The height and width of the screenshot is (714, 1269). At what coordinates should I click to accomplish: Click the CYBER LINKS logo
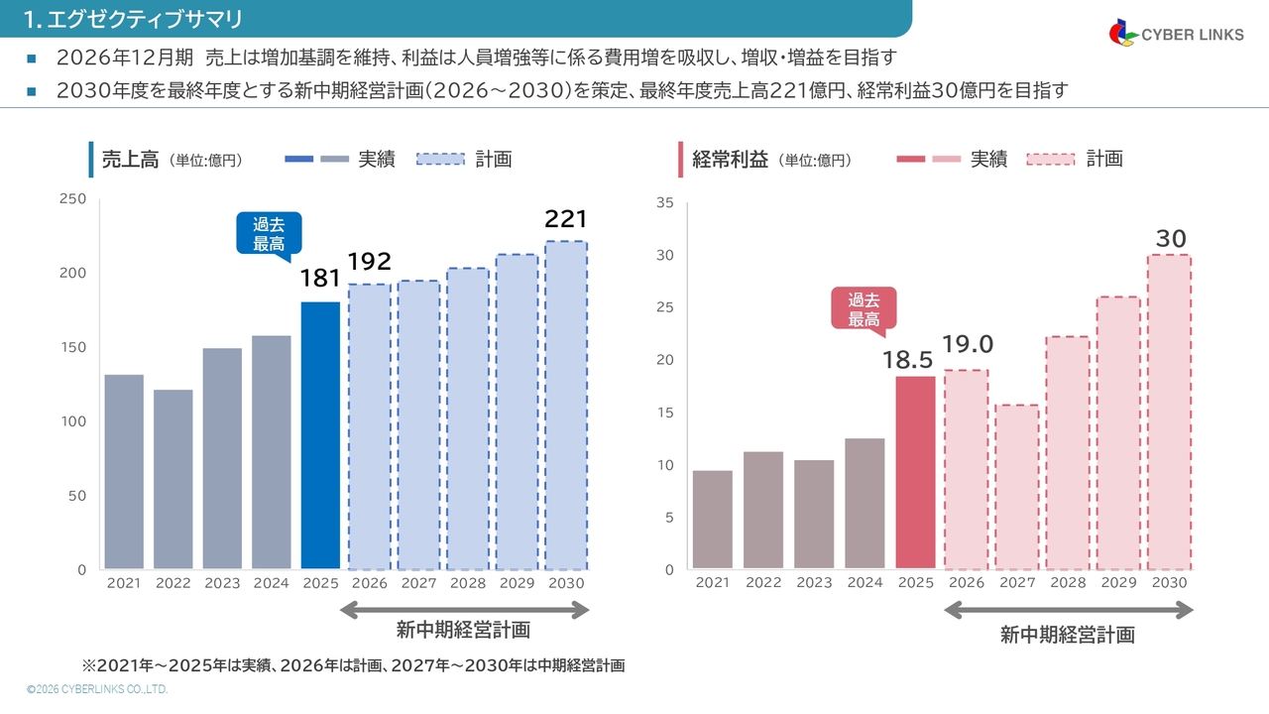tap(1176, 34)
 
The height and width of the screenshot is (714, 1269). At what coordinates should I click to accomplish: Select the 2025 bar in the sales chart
tap(320, 435)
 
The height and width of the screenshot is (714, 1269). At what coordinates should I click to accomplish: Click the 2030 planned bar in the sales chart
tap(566, 406)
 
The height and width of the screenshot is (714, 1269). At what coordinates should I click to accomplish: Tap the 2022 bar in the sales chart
tap(173, 479)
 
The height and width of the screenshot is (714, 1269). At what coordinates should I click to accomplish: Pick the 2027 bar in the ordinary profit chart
tap(1017, 487)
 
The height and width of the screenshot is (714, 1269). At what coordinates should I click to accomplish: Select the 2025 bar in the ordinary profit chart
tap(915, 472)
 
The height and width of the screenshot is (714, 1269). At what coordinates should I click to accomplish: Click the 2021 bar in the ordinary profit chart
tap(713, 520)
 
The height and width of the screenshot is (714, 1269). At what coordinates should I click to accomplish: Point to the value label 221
tap(566, 219)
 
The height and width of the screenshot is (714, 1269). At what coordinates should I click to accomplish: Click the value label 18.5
tap(907, 359)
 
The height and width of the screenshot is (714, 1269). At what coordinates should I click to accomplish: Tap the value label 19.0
tap(967, 344)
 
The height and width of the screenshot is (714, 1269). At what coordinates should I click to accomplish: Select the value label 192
tap(369, 262)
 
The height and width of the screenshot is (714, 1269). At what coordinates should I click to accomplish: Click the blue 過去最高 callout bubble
tap(269, 234)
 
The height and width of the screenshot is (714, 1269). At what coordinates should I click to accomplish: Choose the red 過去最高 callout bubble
tap(864, 308)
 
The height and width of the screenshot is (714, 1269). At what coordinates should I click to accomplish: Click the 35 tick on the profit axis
tap(665, 203)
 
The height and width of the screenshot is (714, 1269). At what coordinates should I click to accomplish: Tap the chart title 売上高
tap(130, 159)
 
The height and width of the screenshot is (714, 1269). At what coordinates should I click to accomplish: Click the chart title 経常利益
tap(731, 159)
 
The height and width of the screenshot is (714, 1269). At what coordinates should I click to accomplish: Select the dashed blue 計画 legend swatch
tap(440, 159)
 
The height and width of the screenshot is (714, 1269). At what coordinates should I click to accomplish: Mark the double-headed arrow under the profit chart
tap(1068, 611)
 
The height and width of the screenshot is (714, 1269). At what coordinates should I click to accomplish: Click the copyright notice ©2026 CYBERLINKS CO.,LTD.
tap(97, 688)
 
